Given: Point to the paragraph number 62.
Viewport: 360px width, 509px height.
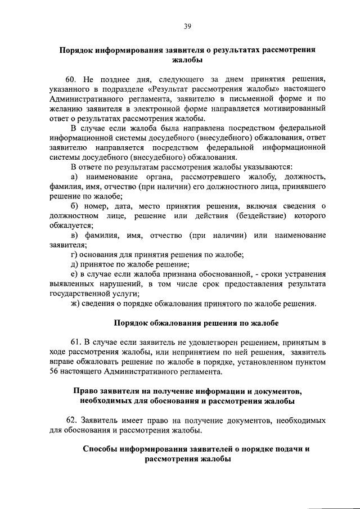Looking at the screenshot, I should (x=73, y=420).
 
